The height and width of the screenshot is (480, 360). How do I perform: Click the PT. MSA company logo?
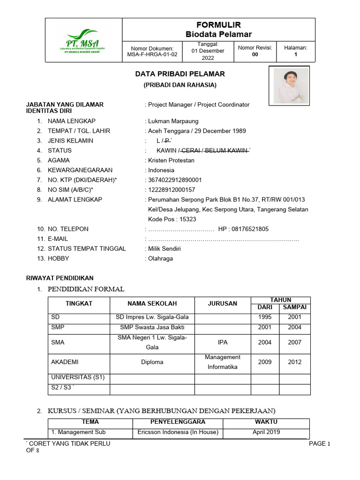click(x=83, y=40)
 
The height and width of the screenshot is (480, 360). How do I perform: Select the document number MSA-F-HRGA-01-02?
click(x=152, y=54)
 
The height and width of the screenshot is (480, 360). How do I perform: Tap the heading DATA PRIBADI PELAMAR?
click(x=180, y=74)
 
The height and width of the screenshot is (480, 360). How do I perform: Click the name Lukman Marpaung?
click(x=173, y=121)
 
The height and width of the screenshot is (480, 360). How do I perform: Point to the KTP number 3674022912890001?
click(x=175, y=180)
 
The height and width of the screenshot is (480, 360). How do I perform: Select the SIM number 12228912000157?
click(x=172, y=190)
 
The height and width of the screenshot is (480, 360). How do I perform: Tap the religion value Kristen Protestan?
click(x=171, y=160)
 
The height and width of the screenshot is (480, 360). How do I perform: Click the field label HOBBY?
click(x=58, y=258)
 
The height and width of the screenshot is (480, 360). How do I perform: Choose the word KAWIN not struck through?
click(x=166, y=150)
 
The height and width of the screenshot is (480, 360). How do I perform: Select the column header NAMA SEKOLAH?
click(x=152, y=304)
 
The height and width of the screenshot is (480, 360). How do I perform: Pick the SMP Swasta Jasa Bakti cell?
click(x=152, y=327)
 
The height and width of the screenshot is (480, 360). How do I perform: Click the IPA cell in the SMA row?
click(x=223, y=342)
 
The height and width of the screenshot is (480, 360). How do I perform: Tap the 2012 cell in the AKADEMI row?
click(x=294, y=362)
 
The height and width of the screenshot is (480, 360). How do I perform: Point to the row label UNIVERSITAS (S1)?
click(x=71, y=377)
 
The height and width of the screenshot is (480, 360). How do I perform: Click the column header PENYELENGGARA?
click(x=178, y=422)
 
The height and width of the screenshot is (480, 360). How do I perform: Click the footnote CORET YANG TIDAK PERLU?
click(x=69, y=444)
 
